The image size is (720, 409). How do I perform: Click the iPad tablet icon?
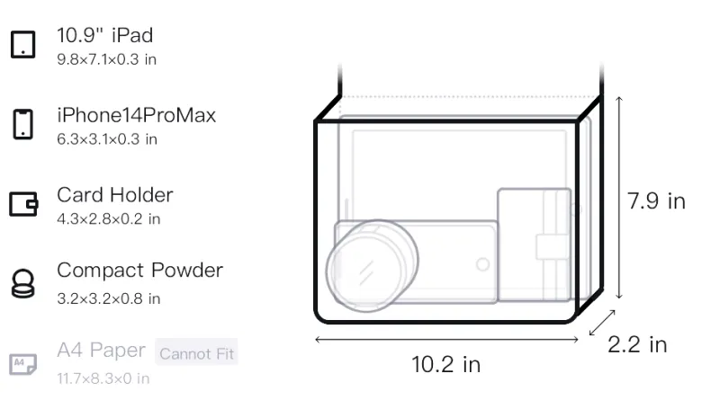click(23, 44)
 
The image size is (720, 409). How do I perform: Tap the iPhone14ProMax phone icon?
click(23, 124)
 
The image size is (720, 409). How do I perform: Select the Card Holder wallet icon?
click(23, 203)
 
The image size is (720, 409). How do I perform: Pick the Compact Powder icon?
click(23, 284)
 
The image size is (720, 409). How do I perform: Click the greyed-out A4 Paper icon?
click(23, 364)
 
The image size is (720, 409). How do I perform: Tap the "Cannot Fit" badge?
click(196, 353)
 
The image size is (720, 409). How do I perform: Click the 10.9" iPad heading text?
click(104, 35)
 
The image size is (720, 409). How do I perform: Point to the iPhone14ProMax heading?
click(137, 115)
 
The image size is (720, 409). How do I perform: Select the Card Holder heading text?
click(115, 195)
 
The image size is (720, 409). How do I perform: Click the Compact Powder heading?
click(140, 271)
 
